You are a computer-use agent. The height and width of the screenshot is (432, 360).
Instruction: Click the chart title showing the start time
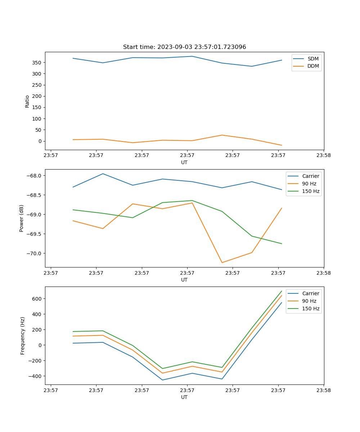[184, 47]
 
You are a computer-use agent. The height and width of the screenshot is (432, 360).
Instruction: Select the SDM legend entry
[313, 59]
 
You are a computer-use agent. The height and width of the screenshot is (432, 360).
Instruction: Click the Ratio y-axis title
[27, 101]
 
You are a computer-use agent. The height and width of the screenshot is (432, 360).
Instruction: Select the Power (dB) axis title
[22, 218]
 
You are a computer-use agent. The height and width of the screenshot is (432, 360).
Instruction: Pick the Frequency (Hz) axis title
[23, 336]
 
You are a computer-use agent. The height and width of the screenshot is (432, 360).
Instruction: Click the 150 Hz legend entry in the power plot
[311, 191]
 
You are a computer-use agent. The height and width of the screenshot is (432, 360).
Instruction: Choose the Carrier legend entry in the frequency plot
[310, 293]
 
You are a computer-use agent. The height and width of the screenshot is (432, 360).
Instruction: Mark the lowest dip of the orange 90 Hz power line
[222, 262]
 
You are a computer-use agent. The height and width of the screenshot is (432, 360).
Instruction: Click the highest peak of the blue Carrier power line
[103, 174]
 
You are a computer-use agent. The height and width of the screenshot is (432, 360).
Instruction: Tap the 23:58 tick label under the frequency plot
[324, 390]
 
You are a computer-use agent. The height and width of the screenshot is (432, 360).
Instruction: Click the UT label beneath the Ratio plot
[184, 162]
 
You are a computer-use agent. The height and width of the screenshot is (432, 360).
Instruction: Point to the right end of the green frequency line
[282, 291]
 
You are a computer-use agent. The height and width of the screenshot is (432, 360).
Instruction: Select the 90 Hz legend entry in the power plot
[309, 184]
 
